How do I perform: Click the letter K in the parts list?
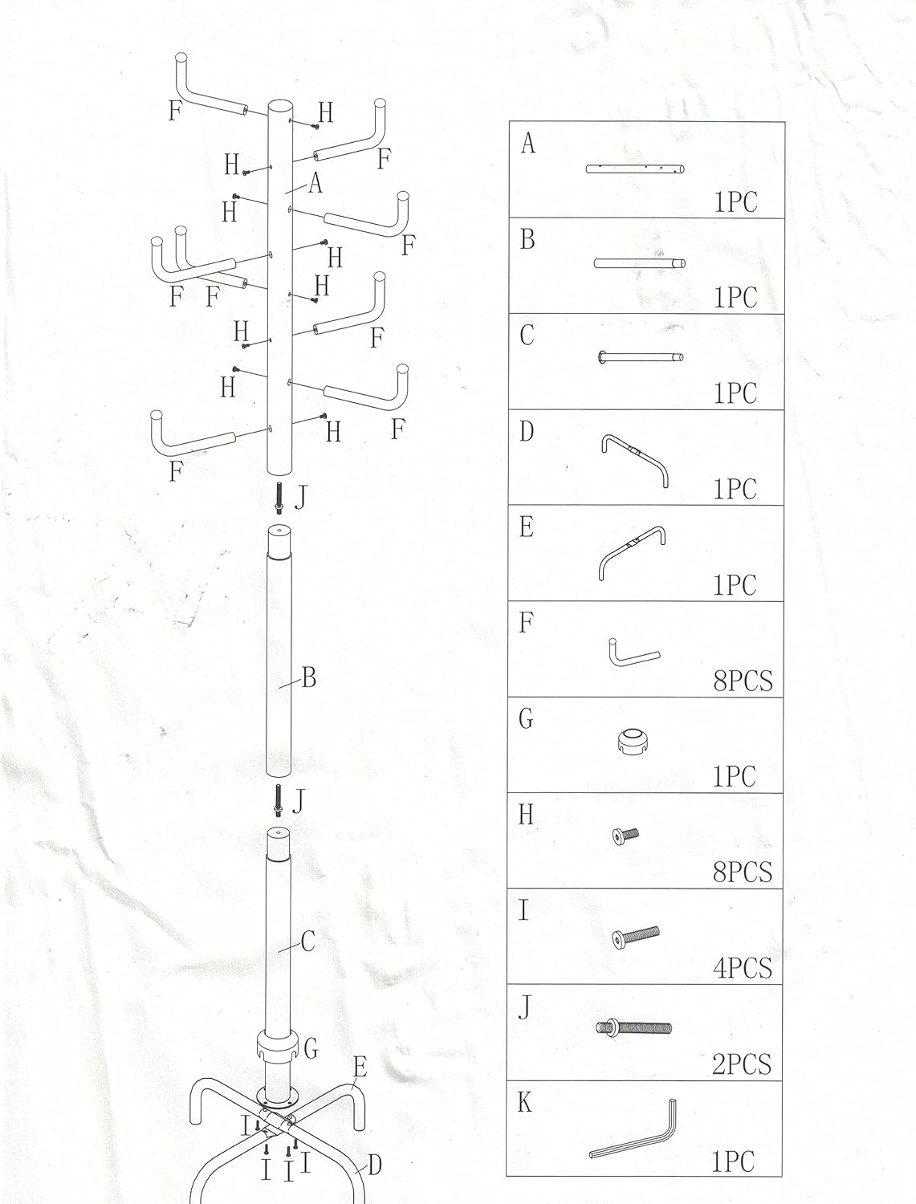[x=525, y=1103]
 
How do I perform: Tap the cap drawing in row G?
[x=632, y=741]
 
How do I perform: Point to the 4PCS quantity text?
[x=743, y=968]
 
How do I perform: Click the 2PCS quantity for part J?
[x=741, y=1064]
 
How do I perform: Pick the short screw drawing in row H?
[x=625, y=836]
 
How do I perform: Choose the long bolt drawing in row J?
[x=633, y=1027]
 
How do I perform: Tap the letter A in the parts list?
[x=527, y=144]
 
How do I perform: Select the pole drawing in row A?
[x=636, y=168]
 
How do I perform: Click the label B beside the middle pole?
[x=308, y=679]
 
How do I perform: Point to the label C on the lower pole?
[x=307, y=942]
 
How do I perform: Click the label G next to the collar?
[x=311, y=1047]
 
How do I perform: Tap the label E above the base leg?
[x=360, y=1067]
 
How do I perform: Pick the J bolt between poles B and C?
[x=278, y=799]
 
